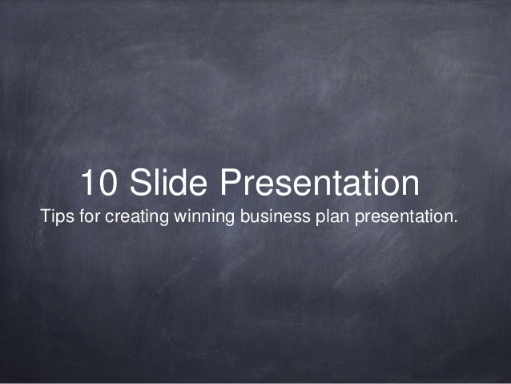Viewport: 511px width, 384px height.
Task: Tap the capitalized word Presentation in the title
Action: [x=320, y=184]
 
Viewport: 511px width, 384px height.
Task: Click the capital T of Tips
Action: [x=45, y=217]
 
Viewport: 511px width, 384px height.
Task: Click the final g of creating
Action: [x=159, y=219]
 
